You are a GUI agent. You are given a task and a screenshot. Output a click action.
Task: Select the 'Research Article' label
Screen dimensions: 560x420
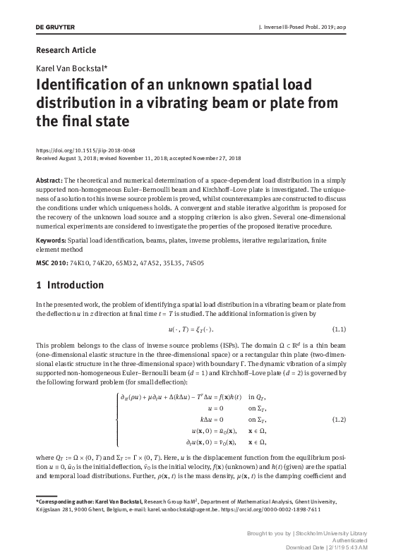tap(65, 50)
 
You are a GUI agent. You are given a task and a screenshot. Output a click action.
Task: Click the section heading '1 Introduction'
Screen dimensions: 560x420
tap(69, 285)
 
